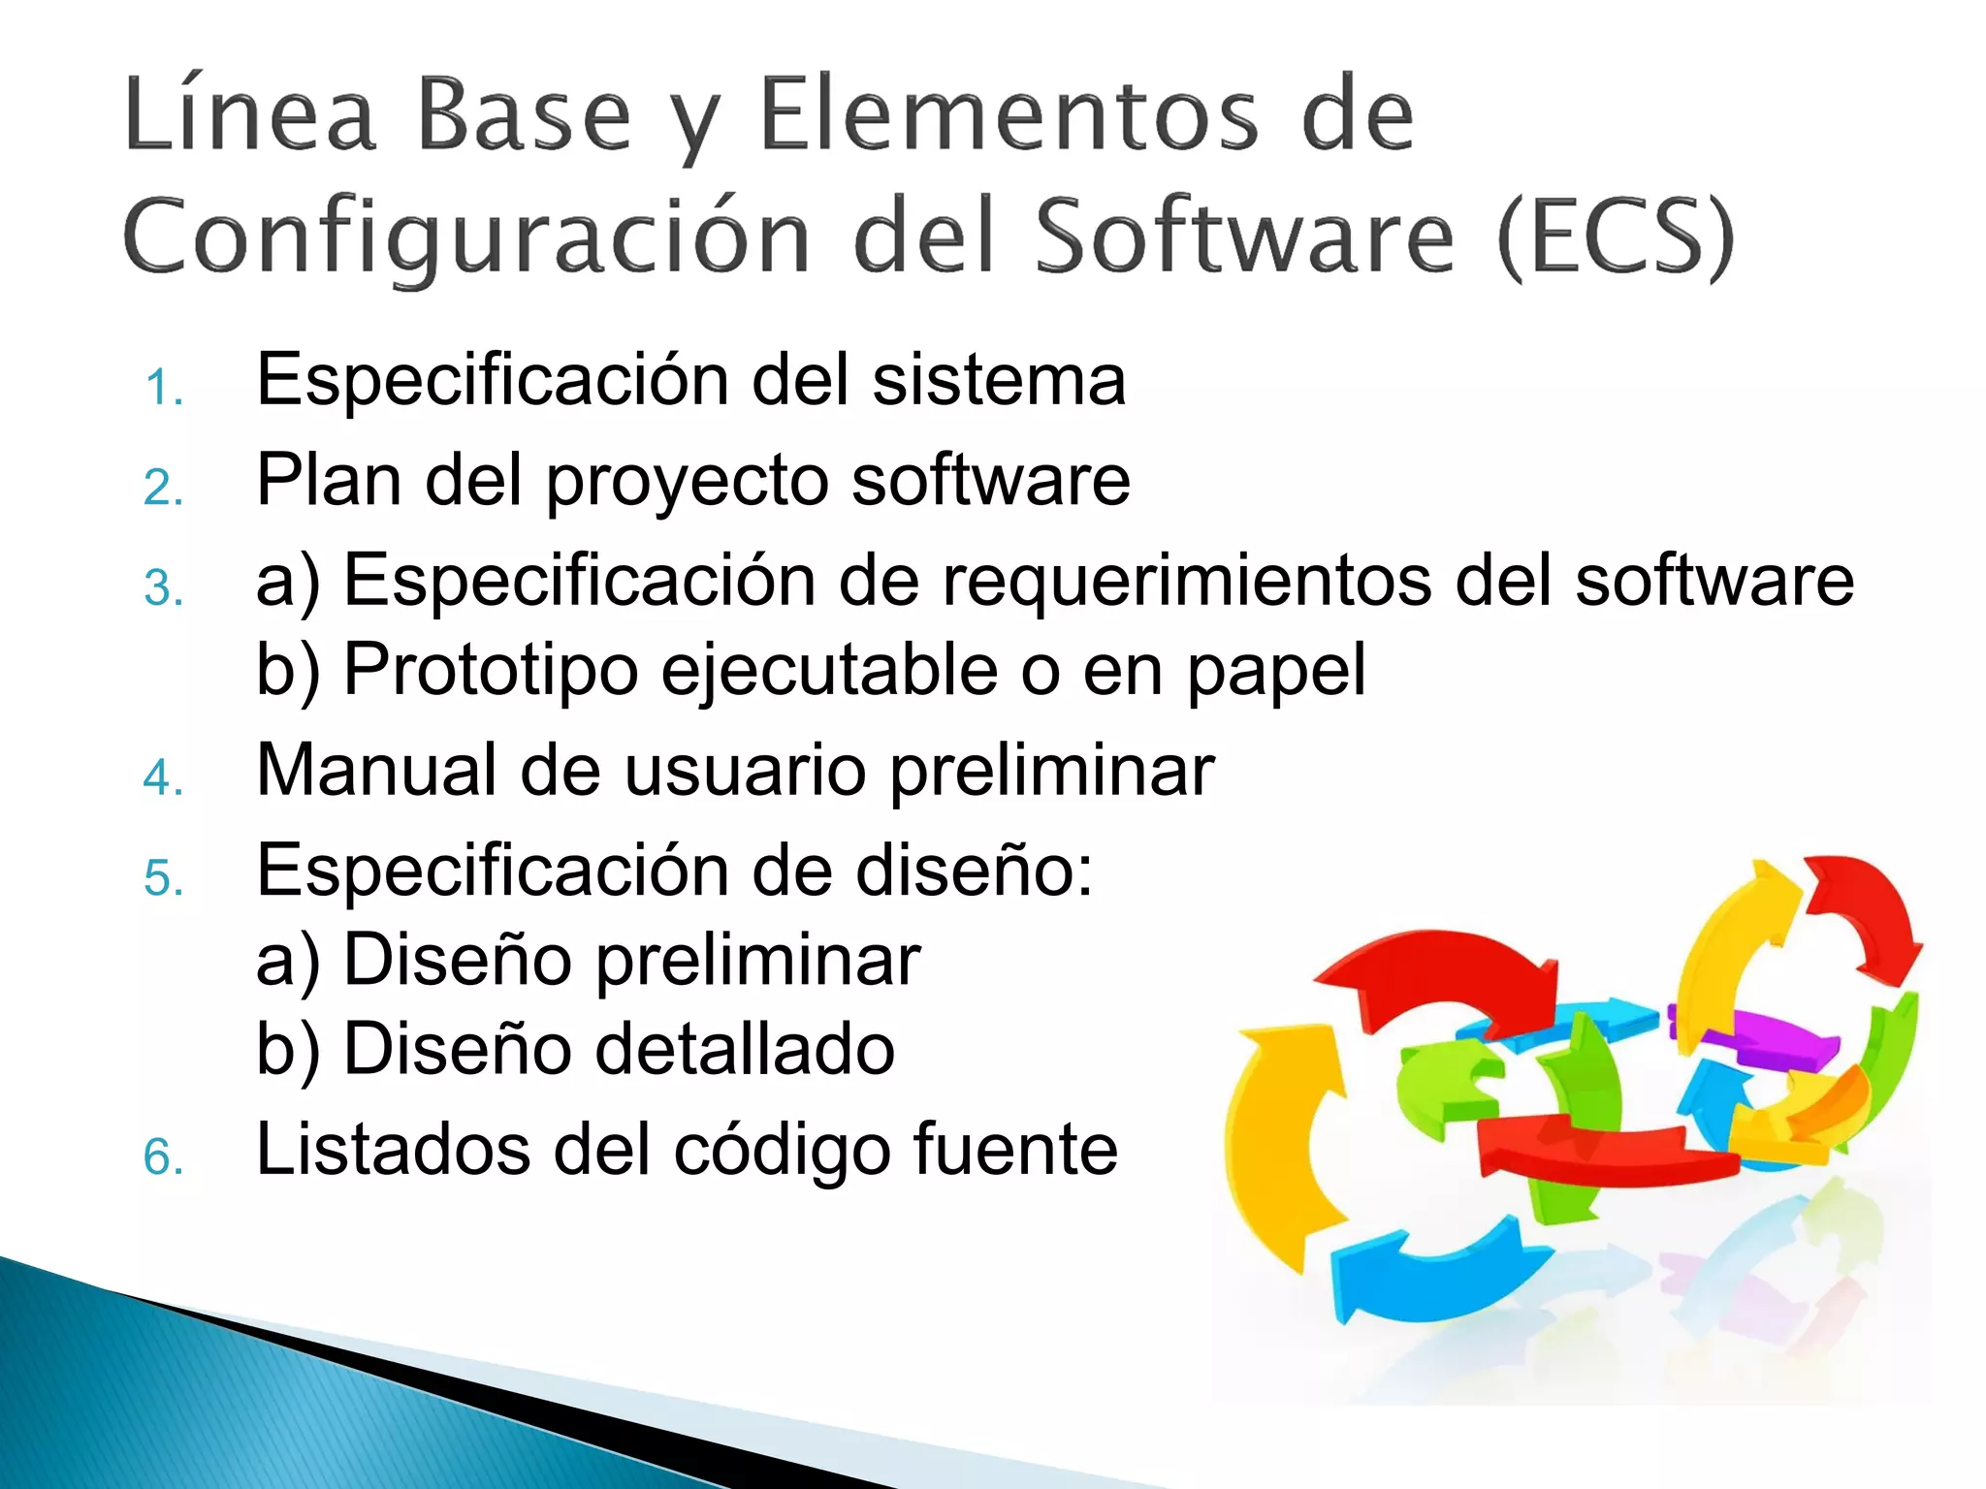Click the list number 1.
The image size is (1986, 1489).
coord(163,388)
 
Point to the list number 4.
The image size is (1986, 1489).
coord(163,777)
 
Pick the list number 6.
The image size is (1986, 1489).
coord(163,1157)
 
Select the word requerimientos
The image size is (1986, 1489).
coord(1186,580)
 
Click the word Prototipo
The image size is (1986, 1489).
coord(491,669)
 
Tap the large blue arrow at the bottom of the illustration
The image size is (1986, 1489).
coord(1435,1270)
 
